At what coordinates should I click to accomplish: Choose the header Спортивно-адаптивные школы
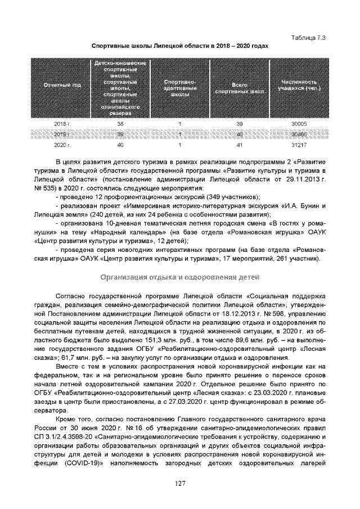(179, 88)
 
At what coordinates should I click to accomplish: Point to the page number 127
(179, 483)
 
